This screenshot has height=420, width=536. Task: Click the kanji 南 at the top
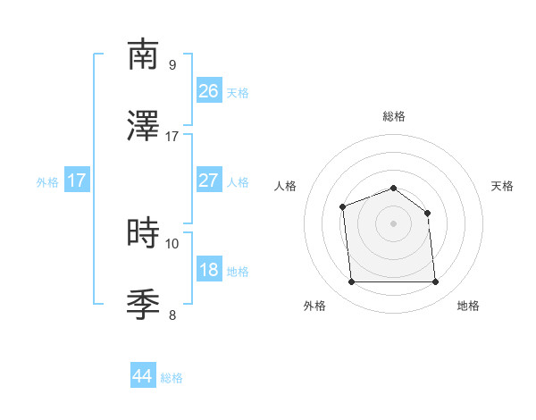[x=144, y=55]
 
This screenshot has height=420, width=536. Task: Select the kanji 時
[x=144, y=234]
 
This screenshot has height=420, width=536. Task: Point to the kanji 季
[x=144, y=306]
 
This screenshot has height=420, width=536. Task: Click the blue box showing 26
[x=209, y=90]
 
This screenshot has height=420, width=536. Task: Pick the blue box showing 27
[x=209, y=180]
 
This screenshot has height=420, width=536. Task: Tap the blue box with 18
[x=209, y=270]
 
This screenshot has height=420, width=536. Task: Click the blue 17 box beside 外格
[x=77, y=181]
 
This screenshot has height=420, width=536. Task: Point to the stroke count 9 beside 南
[x=172, y=64]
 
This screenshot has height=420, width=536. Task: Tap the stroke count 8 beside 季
[x=172, y=315]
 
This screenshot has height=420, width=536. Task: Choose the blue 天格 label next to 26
[x=238, y=92]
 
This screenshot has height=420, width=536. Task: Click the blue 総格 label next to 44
[x=172, y=378]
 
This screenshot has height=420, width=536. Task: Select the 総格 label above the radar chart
[x=394, y=116]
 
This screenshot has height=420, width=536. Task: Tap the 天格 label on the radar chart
[x=502, y=186]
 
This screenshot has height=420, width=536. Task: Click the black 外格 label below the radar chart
[x=314, y=306]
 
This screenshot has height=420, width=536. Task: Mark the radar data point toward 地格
[x=435, y=282]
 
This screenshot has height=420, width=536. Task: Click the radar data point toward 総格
[x=394, y=188]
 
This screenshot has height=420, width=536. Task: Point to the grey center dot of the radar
[x=394, y=223]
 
